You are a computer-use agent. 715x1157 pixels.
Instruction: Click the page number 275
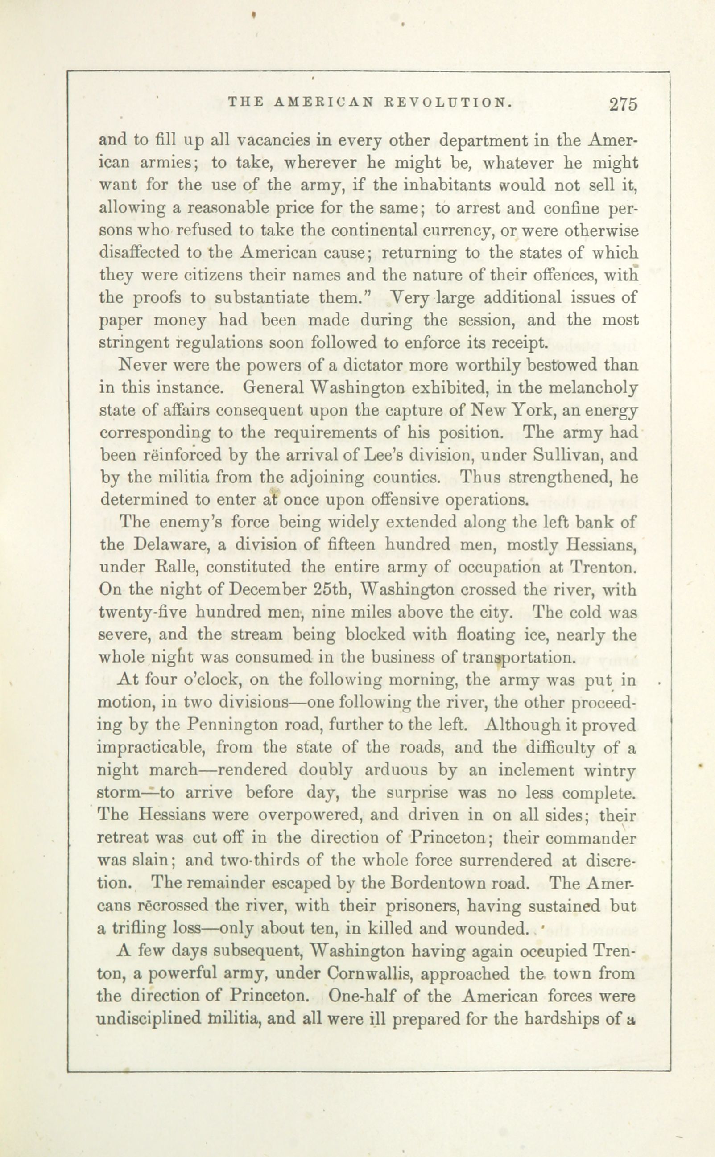point(623,104)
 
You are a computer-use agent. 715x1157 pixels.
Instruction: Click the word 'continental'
point(384,230)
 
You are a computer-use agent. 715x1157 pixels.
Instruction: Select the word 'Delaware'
point(172,544)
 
